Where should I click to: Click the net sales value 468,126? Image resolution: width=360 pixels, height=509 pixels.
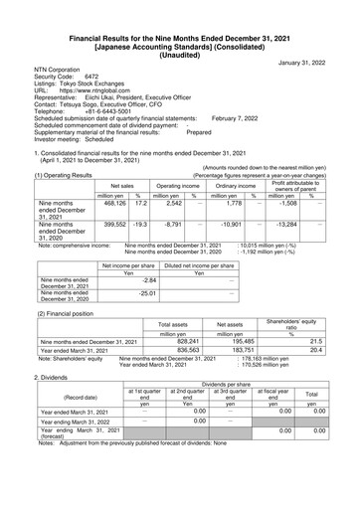point(89,203)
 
